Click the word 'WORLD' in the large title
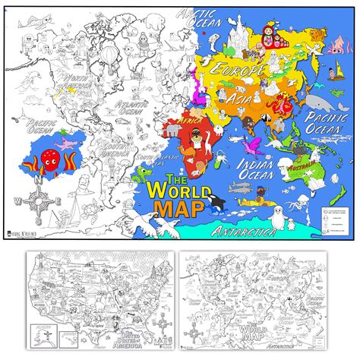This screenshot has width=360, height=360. coord(183,185)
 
